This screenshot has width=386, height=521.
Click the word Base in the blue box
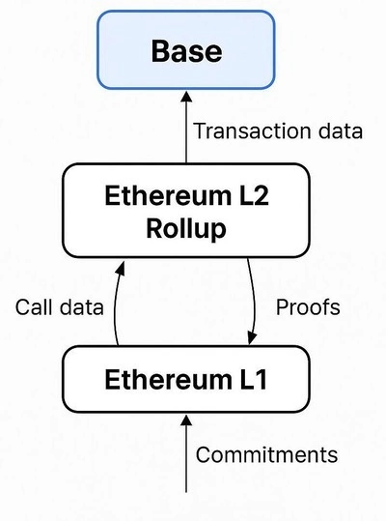186,51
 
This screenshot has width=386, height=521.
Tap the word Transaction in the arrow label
253,130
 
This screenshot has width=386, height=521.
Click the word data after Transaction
341,130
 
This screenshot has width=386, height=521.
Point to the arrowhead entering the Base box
186,97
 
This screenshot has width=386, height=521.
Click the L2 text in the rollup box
253,195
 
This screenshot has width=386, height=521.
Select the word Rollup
186,229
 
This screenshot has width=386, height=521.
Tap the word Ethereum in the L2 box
168,195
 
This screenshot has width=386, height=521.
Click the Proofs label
308,307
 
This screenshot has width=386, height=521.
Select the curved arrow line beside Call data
116,304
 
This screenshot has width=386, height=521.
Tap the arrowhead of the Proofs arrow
252,339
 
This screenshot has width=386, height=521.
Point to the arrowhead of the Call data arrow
121,268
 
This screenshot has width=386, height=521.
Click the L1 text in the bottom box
253,380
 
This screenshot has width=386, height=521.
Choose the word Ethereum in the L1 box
168,380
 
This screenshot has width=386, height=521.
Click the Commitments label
266,454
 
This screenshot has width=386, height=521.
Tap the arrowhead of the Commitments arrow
186,420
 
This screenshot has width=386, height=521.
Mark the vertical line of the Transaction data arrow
186,132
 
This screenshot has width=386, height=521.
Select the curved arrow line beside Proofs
254,299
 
